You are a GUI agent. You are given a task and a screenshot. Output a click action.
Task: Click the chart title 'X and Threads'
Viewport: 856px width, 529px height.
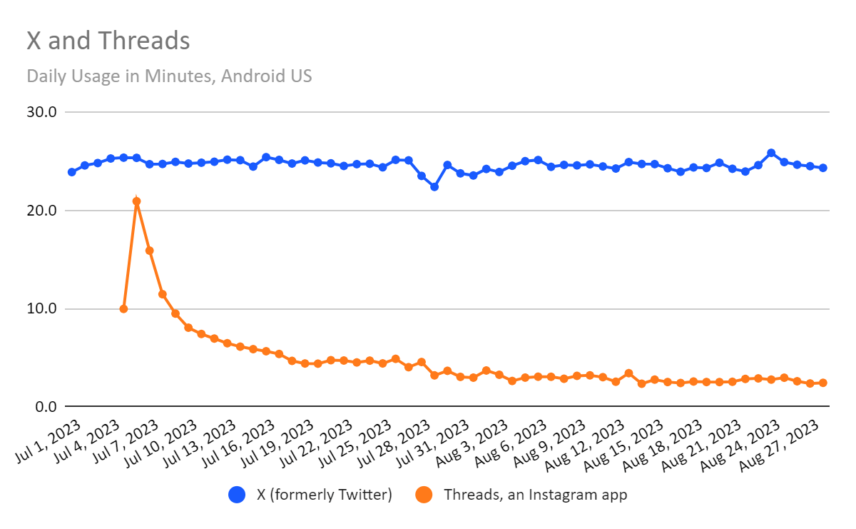click(x=108, y=41)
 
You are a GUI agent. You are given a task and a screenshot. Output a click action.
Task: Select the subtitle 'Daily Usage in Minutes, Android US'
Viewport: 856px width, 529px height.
click(x=169, y=76)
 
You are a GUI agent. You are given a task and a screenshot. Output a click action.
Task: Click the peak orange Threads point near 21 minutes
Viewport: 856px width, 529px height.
click(x=136, y=201)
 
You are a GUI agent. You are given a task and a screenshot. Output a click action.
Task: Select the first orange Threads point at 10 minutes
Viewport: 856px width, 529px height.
click(x=123, y=309)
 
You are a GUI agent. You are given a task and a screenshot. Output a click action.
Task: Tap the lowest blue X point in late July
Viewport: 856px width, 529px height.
click(x=434, y=186)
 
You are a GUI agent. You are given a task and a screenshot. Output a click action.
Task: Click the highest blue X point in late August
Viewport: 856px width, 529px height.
click(x=771, y=153)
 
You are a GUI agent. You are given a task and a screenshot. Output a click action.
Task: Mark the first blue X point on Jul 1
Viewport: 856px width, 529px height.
click(x=72, y=172)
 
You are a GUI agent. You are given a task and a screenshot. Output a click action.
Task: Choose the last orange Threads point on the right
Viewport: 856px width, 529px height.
click(x=822, y=383)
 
